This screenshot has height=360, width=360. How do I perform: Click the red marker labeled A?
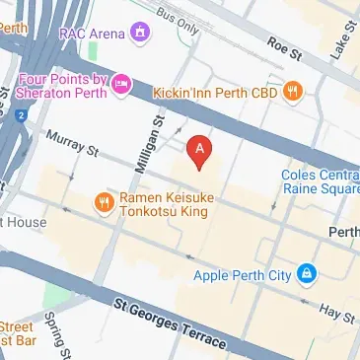tap(200, 150)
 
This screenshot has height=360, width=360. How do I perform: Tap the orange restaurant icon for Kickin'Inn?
tap(291, 92)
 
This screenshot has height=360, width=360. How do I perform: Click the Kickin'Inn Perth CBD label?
tap(214, 92)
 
